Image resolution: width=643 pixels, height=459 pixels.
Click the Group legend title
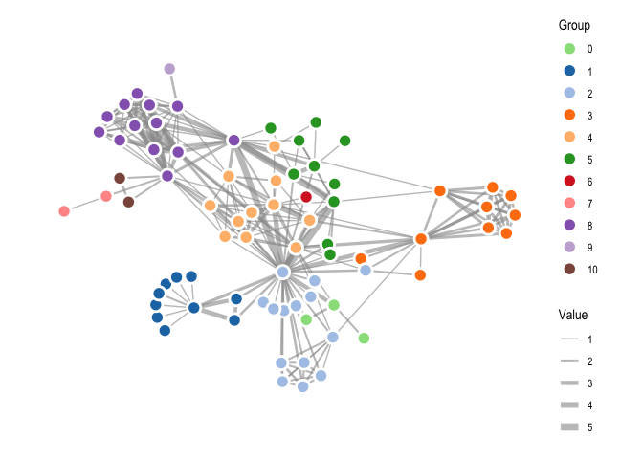pyautogui.click(x=574, y=26)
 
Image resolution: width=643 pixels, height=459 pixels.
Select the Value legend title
pyautogui.click(x=573, y=315)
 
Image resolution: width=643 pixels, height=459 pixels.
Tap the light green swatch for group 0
pyautogui.click(x=569, y=49)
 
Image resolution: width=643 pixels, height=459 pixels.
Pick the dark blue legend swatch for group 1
pyautogui.click(x=569, y=71)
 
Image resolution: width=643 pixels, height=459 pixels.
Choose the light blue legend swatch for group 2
pyautogui.click(x=569, y=93)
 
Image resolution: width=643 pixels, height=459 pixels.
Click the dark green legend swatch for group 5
pyautogui.click(x=569, y=159)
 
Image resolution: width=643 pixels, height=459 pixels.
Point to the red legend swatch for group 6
pyautogui.click(x=569, y=181)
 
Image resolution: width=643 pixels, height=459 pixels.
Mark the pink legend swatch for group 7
pyautogui.click(x=569, y=203)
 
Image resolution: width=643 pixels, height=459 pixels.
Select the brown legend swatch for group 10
pyautogui.click(x=569, y=269)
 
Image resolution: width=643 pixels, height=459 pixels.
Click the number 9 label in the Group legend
pyautogui.click(x=589, y=248)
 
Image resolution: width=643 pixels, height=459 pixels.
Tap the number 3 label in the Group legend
pyautogui.click(x=589, y=116)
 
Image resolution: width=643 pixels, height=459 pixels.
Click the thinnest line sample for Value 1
pyautogui.click(x=569, y=339)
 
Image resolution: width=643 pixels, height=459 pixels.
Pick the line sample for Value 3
pyautogui.click(x=569, y=382)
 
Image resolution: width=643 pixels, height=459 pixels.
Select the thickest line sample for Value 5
pyautogui.click(x=569, y=427)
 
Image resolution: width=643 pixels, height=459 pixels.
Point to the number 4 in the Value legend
pyautogui.click(x=589, y=405)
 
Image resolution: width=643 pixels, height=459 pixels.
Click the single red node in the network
pyautogui.click(x=306, y=197)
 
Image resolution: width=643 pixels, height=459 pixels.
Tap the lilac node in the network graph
pyautogui.click(x=169, y=69)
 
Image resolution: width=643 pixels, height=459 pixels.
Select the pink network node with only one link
pyautogui.click(x=64, y=211)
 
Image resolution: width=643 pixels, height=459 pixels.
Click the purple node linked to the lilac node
pyautogui.click(x=177, y=106)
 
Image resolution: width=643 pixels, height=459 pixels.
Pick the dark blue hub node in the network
pyautogui.click(x=193, y=307)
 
